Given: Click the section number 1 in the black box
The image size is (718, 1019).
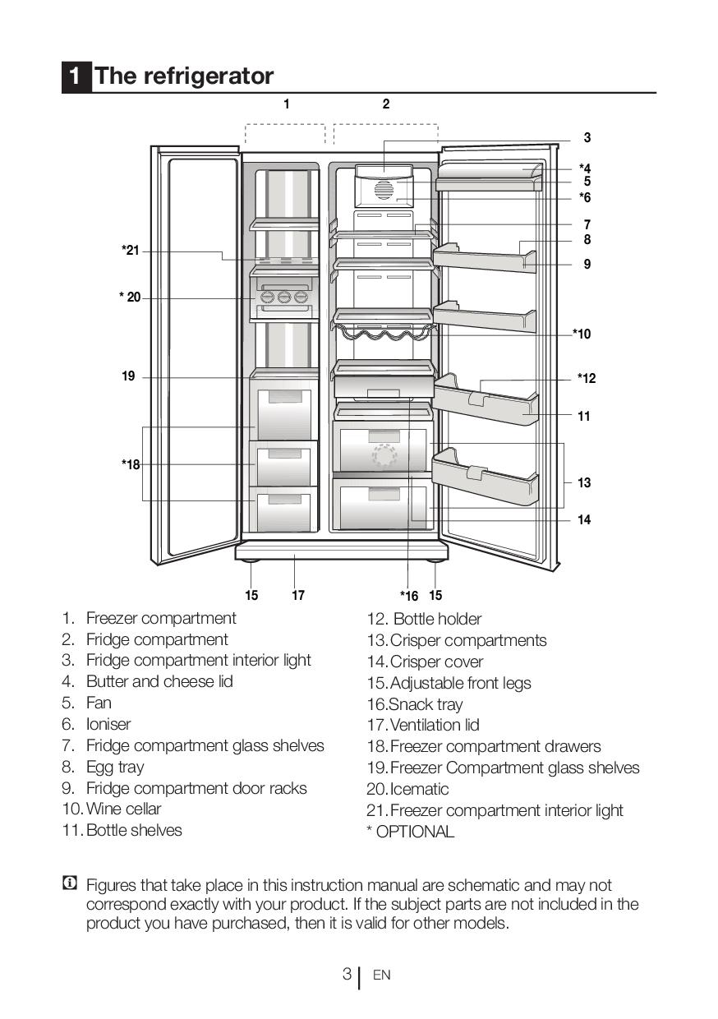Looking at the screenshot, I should [x=76, y=76].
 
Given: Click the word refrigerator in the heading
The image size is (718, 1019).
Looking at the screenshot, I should [x=208, y=76].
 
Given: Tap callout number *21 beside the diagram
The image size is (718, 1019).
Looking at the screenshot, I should [x=131, y=251].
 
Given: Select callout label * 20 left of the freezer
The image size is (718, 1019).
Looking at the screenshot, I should [x=130, y=297].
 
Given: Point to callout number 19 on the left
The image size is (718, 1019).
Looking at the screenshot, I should [x=128, y=376].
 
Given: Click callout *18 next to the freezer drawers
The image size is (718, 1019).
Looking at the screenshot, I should [x=131, y=464].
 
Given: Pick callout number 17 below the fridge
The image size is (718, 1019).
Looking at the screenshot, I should [x=298, y=595].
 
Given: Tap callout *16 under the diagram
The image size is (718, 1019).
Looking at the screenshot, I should [x=409, y=596].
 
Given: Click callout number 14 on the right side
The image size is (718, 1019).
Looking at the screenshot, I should [x=584, y=519].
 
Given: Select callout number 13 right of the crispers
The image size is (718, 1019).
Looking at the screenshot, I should [x=584, y=482].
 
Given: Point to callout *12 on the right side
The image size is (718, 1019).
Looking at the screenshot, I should [x=587, y=378].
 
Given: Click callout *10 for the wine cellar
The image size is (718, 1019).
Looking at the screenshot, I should [x=582, y=334].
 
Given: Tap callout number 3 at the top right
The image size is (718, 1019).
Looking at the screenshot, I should [x=587, y=138].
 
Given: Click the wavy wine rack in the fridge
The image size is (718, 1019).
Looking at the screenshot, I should [x=383, y=332].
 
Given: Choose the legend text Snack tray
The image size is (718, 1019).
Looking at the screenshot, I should [x=426, y=704].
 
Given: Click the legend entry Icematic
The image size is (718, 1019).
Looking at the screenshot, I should [x=419, y=789].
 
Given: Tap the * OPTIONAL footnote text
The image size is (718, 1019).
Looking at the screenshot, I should [x=410, y=831].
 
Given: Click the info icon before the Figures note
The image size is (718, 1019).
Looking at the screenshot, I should [x=70, y=884].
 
